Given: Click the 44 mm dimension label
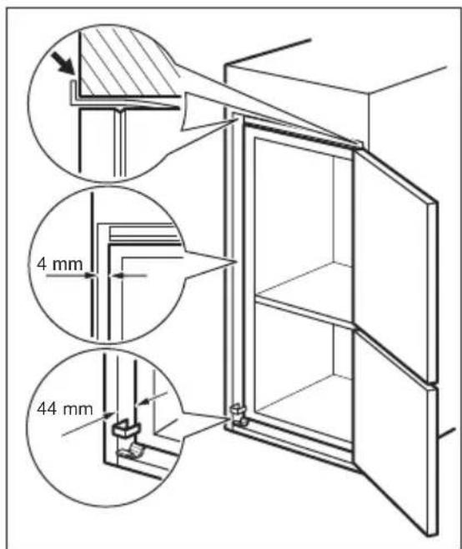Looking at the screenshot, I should [x=58, y=411].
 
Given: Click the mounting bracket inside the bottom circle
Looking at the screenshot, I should [x=122, y=433].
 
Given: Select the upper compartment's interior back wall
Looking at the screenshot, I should [x=292, y=217].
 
